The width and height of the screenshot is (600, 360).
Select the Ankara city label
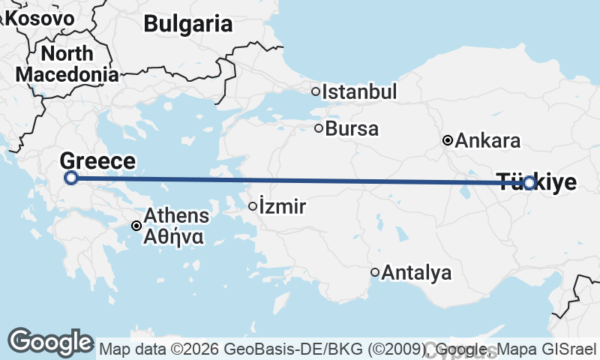pyautogui.click(x=487, y=140)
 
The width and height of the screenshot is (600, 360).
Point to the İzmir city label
pyautogui.click(x=282, y=207)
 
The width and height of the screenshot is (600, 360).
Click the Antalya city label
pyautogui.click(x=417, y=273)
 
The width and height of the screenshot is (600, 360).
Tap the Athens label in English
pyautogui.click(x=177, y=216)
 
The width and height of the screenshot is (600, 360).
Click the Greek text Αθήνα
pyautogui.click(x=173, y=235)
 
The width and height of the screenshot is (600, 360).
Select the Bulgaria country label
pyautogui.click(x=188, y=24)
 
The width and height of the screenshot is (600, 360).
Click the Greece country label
pyautogui.click(x=97, y=160)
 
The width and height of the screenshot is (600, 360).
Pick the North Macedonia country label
pyautogui.click(x=67, y=64)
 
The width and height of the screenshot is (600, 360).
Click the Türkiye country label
pyautogui.click(x=537, y=182)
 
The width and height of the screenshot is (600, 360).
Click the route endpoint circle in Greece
pyautogui.click(x=71, y=178)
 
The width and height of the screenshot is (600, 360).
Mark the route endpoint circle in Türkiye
pyautogui.click(x=529, y=182)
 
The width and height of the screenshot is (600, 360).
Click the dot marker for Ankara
pyautogui.click(x=448, y=140)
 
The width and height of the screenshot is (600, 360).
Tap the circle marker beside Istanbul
pyautogui.click(x=316, y=92)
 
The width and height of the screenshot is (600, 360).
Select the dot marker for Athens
pyautogui.click(x=136, y=226)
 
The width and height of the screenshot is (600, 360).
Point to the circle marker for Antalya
pyautogui.click(x=375, y=272)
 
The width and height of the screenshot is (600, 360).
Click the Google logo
pyautogui.click(x=50, y=342)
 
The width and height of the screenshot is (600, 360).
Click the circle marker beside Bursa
pyautogui.click(x=319, y=128)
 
